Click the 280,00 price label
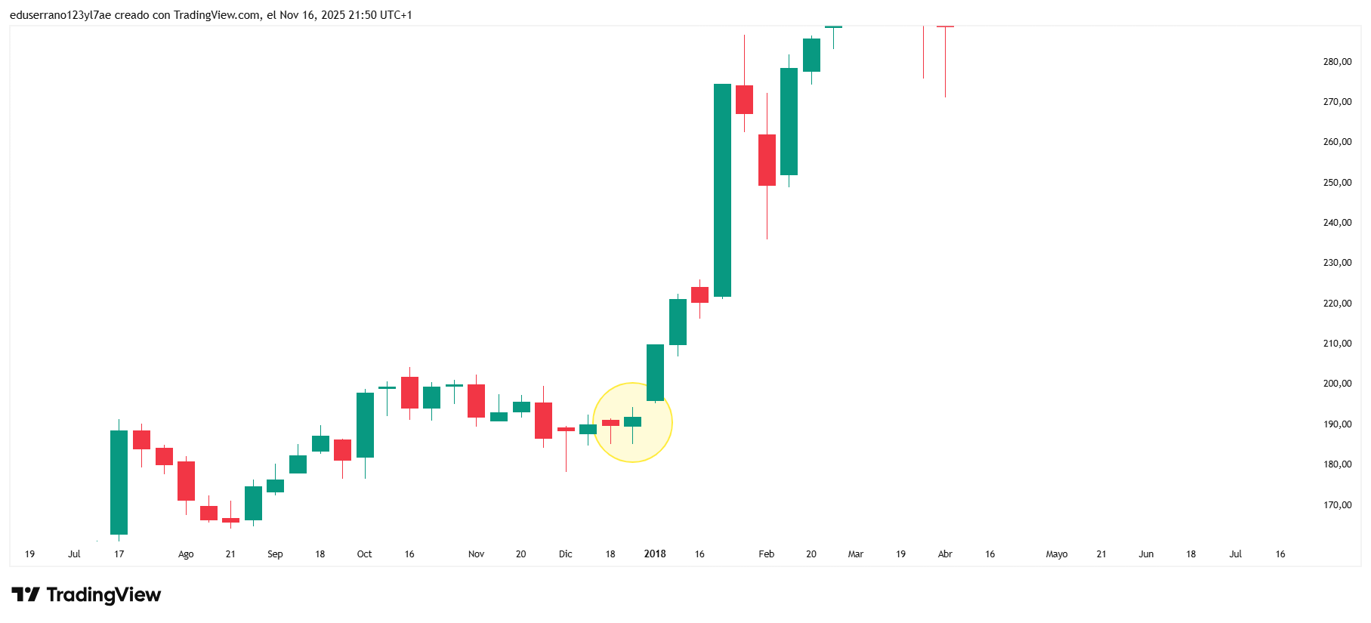[x=1337, y=62]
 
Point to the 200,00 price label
[x=1337, y=384]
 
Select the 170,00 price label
[x=1337, y=505]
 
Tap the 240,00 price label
[x=1337, y=223]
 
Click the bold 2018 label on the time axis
[x=655, y=554]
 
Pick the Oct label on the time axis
[x=364, y=554]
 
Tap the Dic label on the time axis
[x=565, y=554]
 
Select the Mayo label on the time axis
[x=1056, y=554]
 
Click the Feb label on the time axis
[x=766, y=554]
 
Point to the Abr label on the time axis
[x=945, y=554]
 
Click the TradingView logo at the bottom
[x=86, y=595]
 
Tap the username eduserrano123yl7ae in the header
[x=60, y=15]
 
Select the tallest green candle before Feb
[x=722, y=190]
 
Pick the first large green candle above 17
[x=119, y=483]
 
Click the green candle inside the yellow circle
[x=632, y=421]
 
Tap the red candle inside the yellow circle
[x=610, y=423]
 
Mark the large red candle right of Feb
[x=767, y=160]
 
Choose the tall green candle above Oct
[x=365, y=425]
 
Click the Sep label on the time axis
[x=275, y=554]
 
